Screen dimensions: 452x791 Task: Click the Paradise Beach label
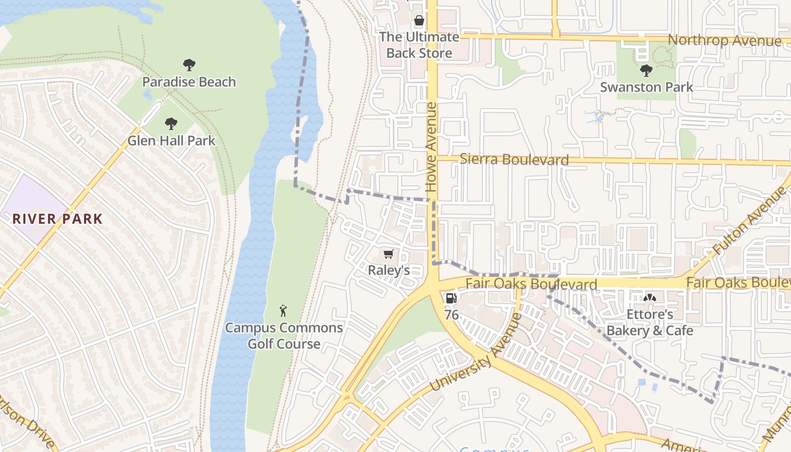click(x=189, y=82)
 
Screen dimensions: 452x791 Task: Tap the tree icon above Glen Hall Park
click(x=171, y=124)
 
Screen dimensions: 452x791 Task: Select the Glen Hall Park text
click(x=171, y=141)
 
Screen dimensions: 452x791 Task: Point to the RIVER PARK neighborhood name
click(x=58, y=219)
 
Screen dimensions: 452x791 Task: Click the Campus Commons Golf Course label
click(x=284, y=336)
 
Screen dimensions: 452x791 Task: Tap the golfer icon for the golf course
click(x=284, y=311)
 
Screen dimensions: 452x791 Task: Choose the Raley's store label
click(x=389, y=270)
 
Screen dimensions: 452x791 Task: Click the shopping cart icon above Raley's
click(x=388, y=254)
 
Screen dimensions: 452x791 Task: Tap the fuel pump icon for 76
click(x=451, y=298)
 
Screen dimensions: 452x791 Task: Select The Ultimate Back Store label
click(x=419, y=45)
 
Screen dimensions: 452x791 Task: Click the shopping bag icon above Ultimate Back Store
click(x=419, y=21)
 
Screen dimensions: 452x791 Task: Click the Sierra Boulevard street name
click(x=514, y=159)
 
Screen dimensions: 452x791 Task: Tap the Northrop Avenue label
click(x=724, y=41)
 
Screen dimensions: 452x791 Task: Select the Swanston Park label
click(x=646, y=88)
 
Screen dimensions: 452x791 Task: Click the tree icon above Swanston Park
click(x=646, y=71)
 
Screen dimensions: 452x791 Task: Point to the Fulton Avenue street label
click(x=749, y=221)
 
